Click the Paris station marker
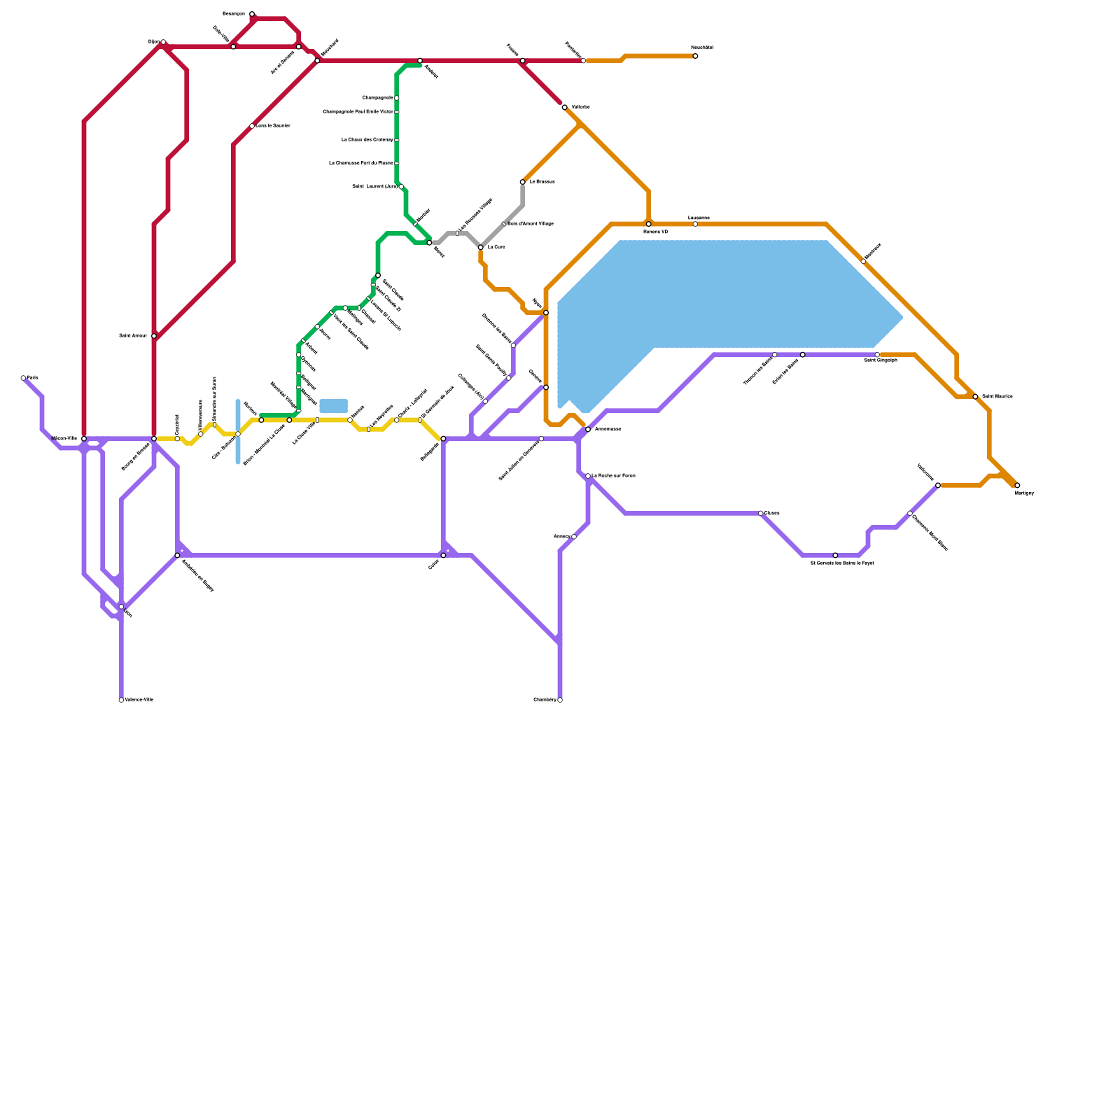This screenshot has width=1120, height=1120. (x=23, y=378)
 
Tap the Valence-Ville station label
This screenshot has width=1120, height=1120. (x=139, y=700)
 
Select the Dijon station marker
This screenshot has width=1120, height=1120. (x=163, y=42)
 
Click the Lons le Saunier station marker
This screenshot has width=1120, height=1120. (x=252, y=126)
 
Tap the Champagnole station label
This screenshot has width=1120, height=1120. (x=377, y=97)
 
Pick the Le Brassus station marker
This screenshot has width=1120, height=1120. (x=522, y=182)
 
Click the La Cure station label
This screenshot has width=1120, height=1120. (x=496, y=247)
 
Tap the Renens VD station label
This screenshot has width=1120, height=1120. (x=655, y=232)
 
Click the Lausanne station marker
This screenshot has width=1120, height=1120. (x=695, y=224)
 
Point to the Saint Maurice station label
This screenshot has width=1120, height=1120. (x=997, y=396)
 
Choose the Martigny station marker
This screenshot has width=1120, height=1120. (x=1017, y=485)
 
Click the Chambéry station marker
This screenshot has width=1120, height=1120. (x=560, y=700)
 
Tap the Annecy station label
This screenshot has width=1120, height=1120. (x=561, y=537)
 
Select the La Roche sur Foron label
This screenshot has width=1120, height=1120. (x=613, y=476)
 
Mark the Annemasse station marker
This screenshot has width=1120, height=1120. (x=588, y=429)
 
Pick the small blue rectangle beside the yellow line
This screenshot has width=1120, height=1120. (x=333, y=406)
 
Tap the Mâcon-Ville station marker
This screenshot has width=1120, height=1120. (x=84, y=439)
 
